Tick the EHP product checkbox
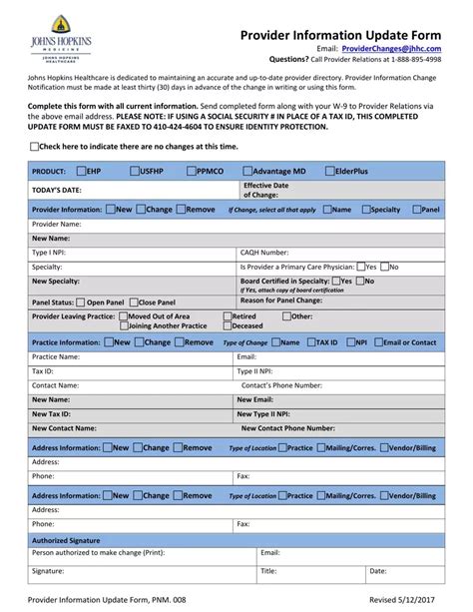(81, 171)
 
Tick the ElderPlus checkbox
(330, 171)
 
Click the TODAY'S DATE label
(57, 189)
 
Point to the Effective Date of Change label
(265, 190)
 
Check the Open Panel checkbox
(81, 302)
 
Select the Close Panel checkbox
(133, 302)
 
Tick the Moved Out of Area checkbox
(122, 315)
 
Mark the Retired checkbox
(227, 315)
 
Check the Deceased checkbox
(227, 325)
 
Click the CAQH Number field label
(264, 253)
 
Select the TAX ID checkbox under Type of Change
(309, 342)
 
